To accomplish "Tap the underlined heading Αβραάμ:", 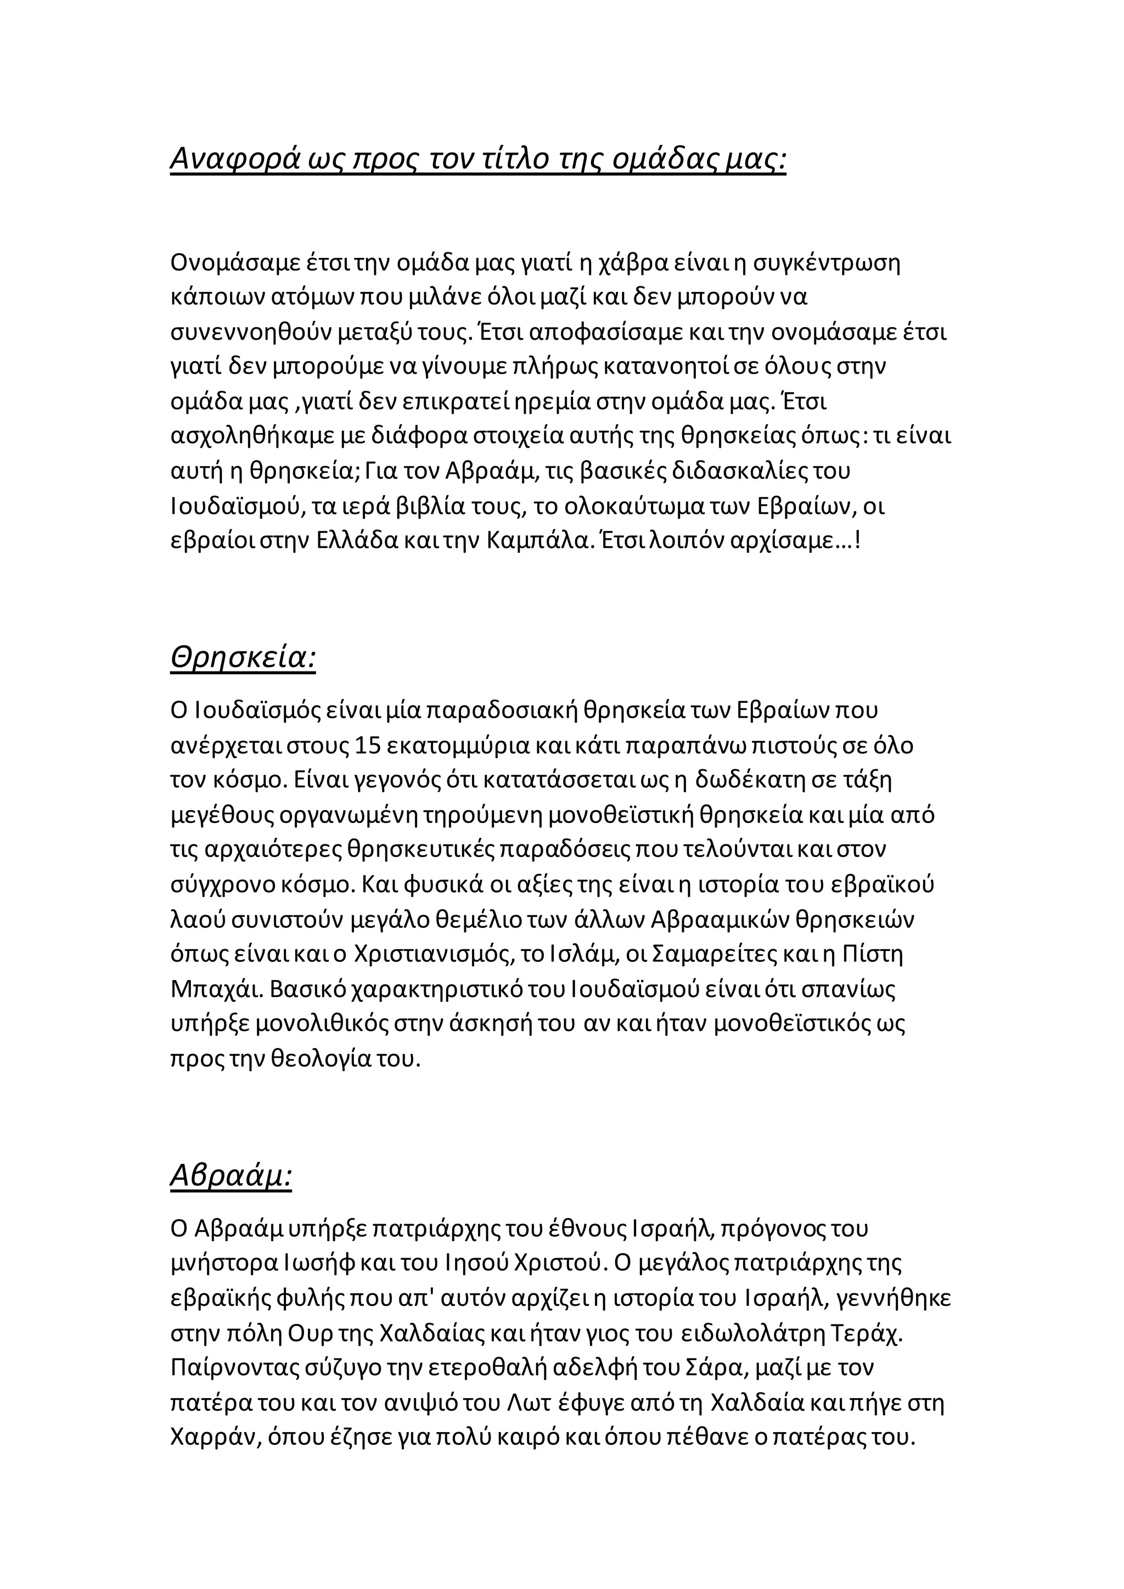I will tap(231, 1175).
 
